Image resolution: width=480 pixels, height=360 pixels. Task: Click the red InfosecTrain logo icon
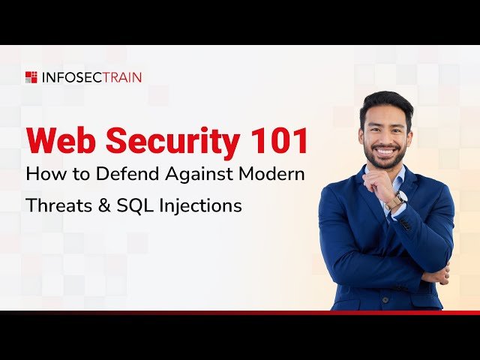pyautogui.click(x=31, y=76)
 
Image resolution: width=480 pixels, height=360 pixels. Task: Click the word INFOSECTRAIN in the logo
pyautogui.click(x=91, y=76)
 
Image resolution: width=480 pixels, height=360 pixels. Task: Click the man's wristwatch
pyautogui.click(x=397, y=199)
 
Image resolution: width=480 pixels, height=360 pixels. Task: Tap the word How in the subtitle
pyautogui.click(x=42, y=174)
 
